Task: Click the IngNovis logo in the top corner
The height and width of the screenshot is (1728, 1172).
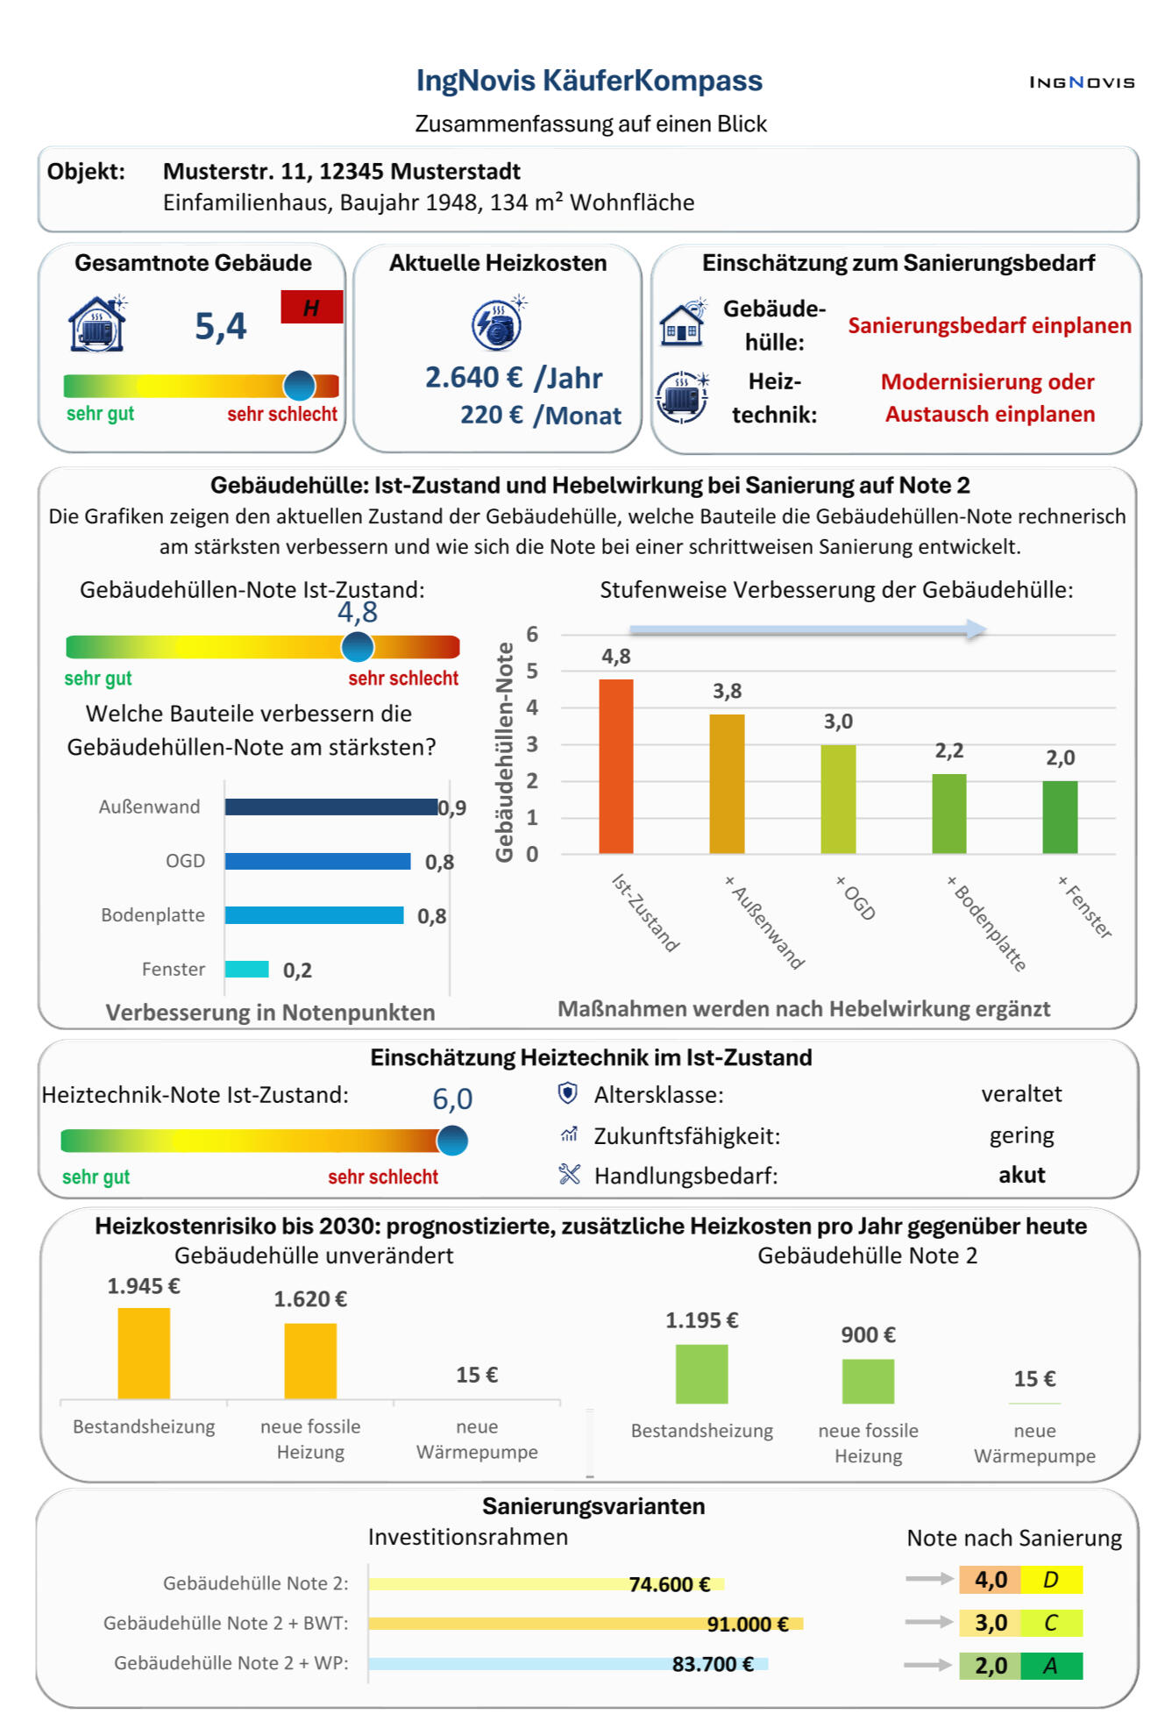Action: pyautogui.click(x=1082, y=82)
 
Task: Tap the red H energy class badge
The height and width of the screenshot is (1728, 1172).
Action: pyautogui.click(x=311, y=307)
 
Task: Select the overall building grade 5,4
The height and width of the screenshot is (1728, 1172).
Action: pyautogui.click(x=221, y=326)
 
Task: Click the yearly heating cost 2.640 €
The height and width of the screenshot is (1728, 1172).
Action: pyautogui.click(x=473, y=378)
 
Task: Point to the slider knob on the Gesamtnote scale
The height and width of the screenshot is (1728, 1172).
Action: pyautogui.click(x=299, y=385)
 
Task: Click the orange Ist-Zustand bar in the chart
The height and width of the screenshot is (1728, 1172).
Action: pyautogui.click(x=616, y=766)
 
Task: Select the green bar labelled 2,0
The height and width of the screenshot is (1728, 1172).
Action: pyautogui.click(x=1060, y=817)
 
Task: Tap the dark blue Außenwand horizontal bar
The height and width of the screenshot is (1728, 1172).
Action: pyautogui.click(x=331, y=807)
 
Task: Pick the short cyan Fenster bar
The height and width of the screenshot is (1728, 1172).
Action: pyautogui.click(x=247, y=969)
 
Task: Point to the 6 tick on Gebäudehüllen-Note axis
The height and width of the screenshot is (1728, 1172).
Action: pyautogui.click(x=532, y=634)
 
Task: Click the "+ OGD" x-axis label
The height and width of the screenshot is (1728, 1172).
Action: pyautogui.click(x=855, y=898)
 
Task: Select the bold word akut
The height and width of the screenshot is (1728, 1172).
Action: pyautogui.click(x=1022, y=1175)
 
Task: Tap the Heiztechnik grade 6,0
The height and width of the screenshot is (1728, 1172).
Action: pyautogui.click(x=452, y=1099)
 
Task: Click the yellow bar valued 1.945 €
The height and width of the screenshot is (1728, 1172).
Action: pyautogui.click(x=144, y=1353)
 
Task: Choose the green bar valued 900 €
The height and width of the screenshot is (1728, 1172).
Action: pyautogui.click(x=868, y=1381)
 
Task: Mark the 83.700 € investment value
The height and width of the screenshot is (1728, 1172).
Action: pyautogui.click(x=713, y=1664)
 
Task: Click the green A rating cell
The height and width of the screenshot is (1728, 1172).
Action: pyautogui.click(x=1051, y=1666)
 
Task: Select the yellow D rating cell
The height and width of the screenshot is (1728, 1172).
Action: pyautogui.click(x=1051, y=1580)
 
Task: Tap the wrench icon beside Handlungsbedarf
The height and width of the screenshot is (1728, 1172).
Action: pyautogui.click(x=570, y=1174)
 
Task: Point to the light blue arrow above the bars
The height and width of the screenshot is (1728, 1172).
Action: pyautogui.click(x=808, y=629)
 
